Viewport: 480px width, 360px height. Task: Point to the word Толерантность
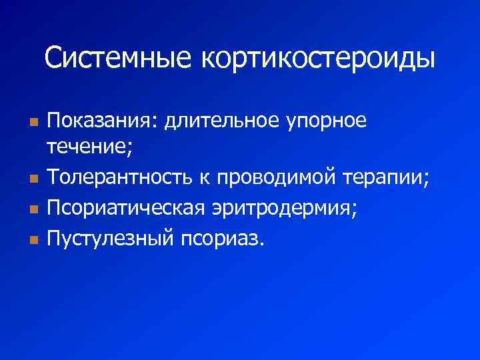119,179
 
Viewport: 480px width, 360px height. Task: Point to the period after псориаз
262,243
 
